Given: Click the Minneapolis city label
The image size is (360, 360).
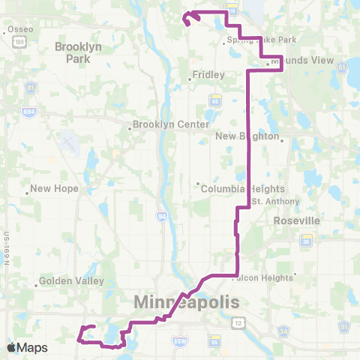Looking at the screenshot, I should click(x=187, y=302).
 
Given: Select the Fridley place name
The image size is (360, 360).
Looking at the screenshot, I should click(x=205, y=75).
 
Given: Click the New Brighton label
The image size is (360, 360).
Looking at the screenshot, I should click(x=247, y=136).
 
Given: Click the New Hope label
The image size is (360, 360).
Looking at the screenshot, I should click(x=54, y=188).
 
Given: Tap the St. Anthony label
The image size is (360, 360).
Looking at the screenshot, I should click(x=275, y=201).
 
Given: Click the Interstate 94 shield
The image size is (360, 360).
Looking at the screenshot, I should click(x=162, y=216).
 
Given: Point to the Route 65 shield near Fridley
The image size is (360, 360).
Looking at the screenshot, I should click(x=215, y=97).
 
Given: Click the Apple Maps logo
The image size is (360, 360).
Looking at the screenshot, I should click(x=27, y=347).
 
